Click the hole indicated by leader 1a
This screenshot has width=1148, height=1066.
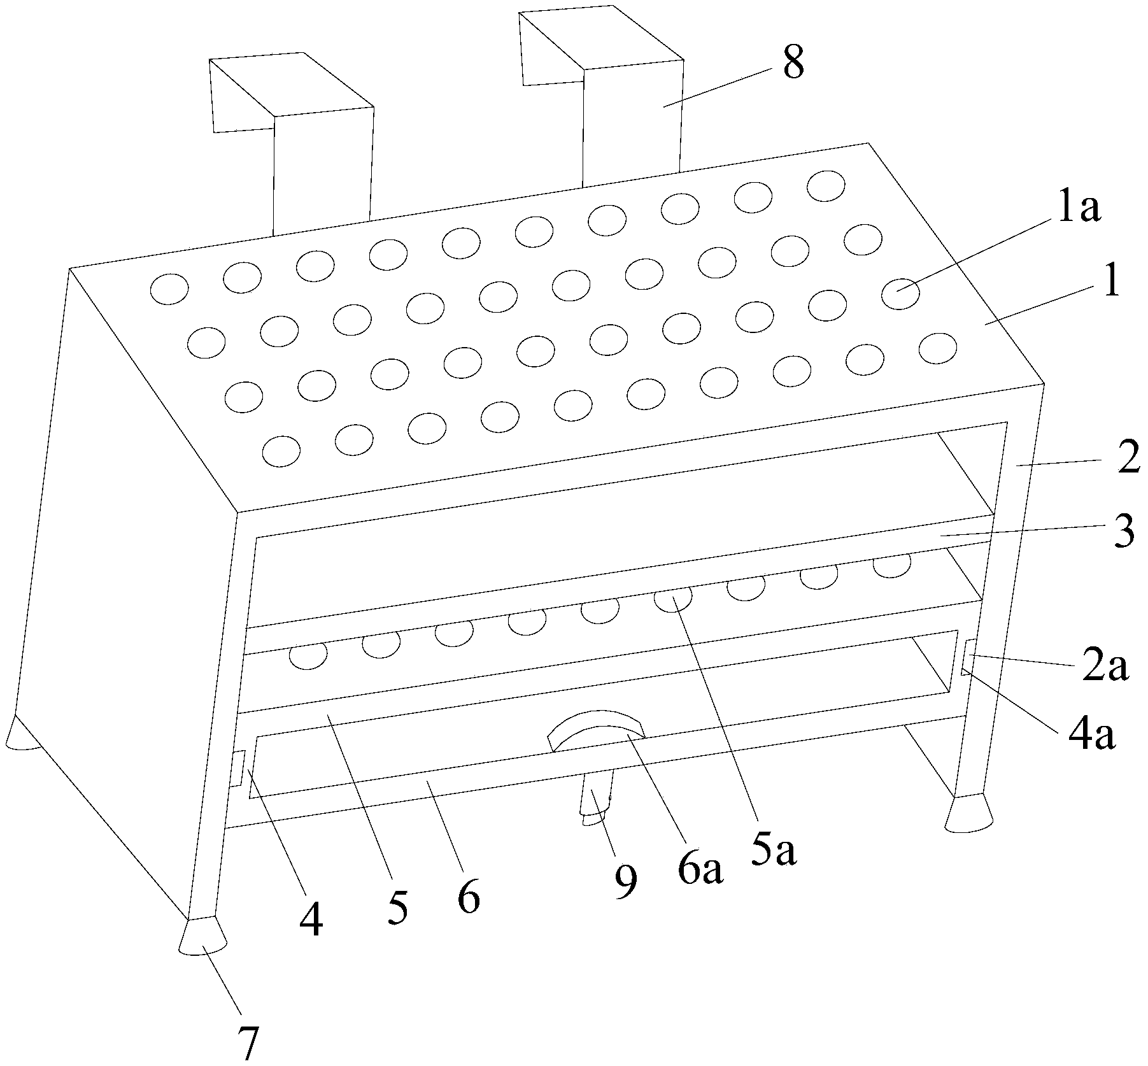(901, 294)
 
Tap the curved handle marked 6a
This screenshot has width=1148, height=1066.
(597, 730)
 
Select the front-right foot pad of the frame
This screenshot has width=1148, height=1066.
(968, 813)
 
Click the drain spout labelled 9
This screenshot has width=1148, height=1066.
(597, 799)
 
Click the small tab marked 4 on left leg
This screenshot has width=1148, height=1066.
(238, 768)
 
